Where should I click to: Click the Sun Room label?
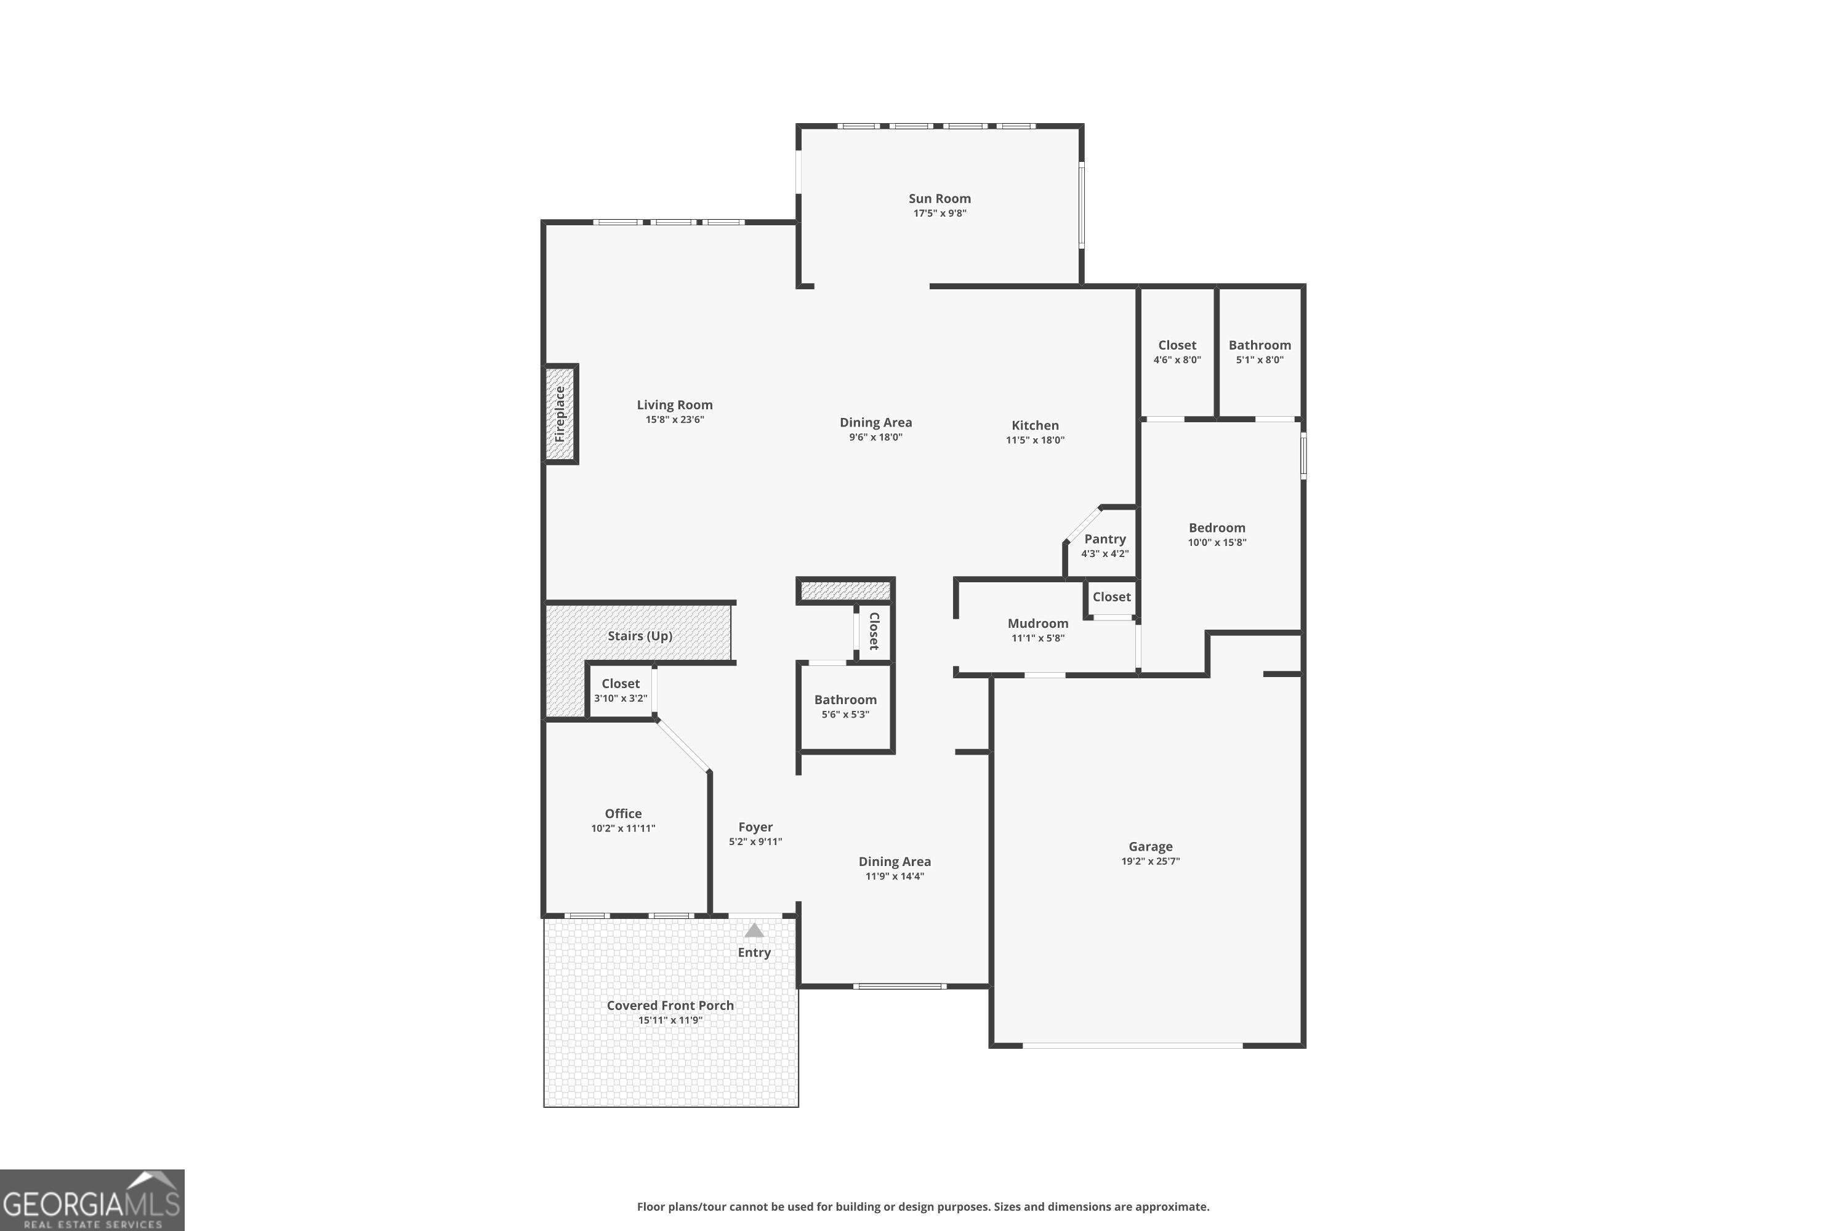[x=940, y=199]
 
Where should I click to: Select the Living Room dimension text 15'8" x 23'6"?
[x=675, y=420]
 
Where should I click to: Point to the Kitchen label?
[x=1034, y=425]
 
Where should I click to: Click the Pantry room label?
[x=1104, y=539]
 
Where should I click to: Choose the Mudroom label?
[x=1037, y=624]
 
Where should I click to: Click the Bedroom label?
[x=1217, y=527]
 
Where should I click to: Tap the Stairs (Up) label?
[x=639, y=636]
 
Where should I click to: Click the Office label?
[x=622, y=813]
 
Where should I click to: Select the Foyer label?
[x=755, y=827]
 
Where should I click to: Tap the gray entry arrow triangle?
[x=754, y=931]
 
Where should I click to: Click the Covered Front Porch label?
[x=670, y=1006]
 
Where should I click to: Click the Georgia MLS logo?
[x=92, y=1200]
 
